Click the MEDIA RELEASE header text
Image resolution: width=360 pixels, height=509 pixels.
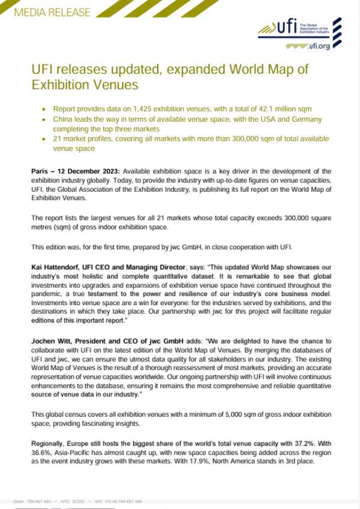pos(52,12)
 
